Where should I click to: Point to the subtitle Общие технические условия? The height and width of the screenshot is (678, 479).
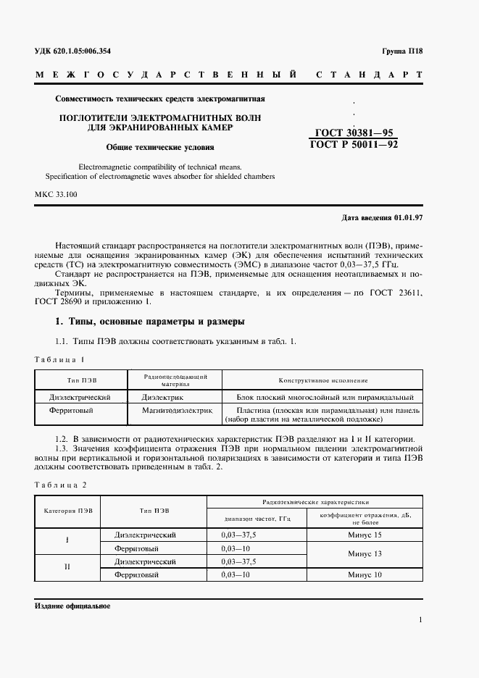point(160,147)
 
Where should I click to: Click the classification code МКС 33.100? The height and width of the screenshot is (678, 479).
point(59,195)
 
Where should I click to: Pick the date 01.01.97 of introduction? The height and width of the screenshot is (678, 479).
point(410,217)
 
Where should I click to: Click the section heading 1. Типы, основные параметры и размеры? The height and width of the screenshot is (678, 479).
point(150,321)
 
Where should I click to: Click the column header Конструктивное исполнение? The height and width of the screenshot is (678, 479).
point(323,380)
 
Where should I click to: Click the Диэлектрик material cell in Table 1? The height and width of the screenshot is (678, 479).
point(163,398)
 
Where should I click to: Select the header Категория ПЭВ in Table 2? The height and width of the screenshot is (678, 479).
point(69,510)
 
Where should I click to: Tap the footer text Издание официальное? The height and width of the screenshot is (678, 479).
point(72,606)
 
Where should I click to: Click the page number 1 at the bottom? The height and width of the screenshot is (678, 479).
point(420,619)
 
